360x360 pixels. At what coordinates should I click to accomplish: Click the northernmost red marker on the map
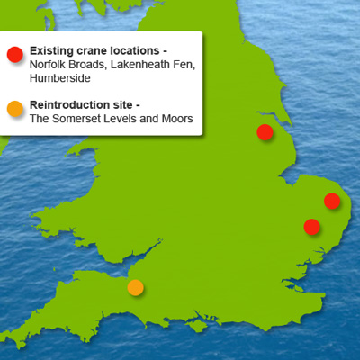tap(265, 132)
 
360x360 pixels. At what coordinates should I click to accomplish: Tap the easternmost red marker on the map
tap(332, 201)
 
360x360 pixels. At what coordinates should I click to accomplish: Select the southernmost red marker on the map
tap(311, 226)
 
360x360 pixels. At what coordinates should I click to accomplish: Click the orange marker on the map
tap(135, 287)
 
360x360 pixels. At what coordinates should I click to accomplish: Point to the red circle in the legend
tap(14, 54)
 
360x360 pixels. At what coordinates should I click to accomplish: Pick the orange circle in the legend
tap(14, 110)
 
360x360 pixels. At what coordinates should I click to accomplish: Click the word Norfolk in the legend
tap(48, 65)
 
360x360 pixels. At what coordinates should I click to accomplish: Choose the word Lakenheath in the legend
tap(142, 65)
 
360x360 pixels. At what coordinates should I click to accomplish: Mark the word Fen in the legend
tap(184, 65)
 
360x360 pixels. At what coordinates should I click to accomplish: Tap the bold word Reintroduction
tap(71, 104)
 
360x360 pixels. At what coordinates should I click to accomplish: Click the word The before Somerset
tap(40, 119)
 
